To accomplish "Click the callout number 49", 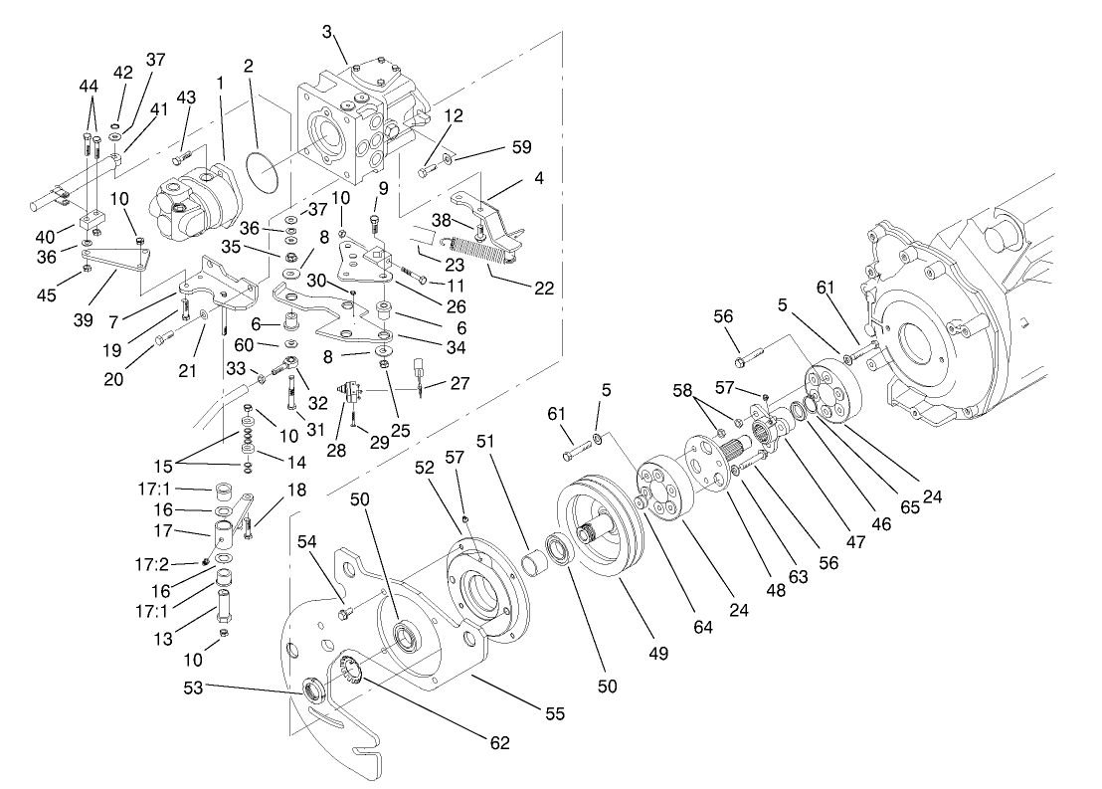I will (x=657, y=654).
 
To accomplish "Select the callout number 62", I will (x=499, y=742).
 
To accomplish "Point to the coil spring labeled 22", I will (x=482, y=253).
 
